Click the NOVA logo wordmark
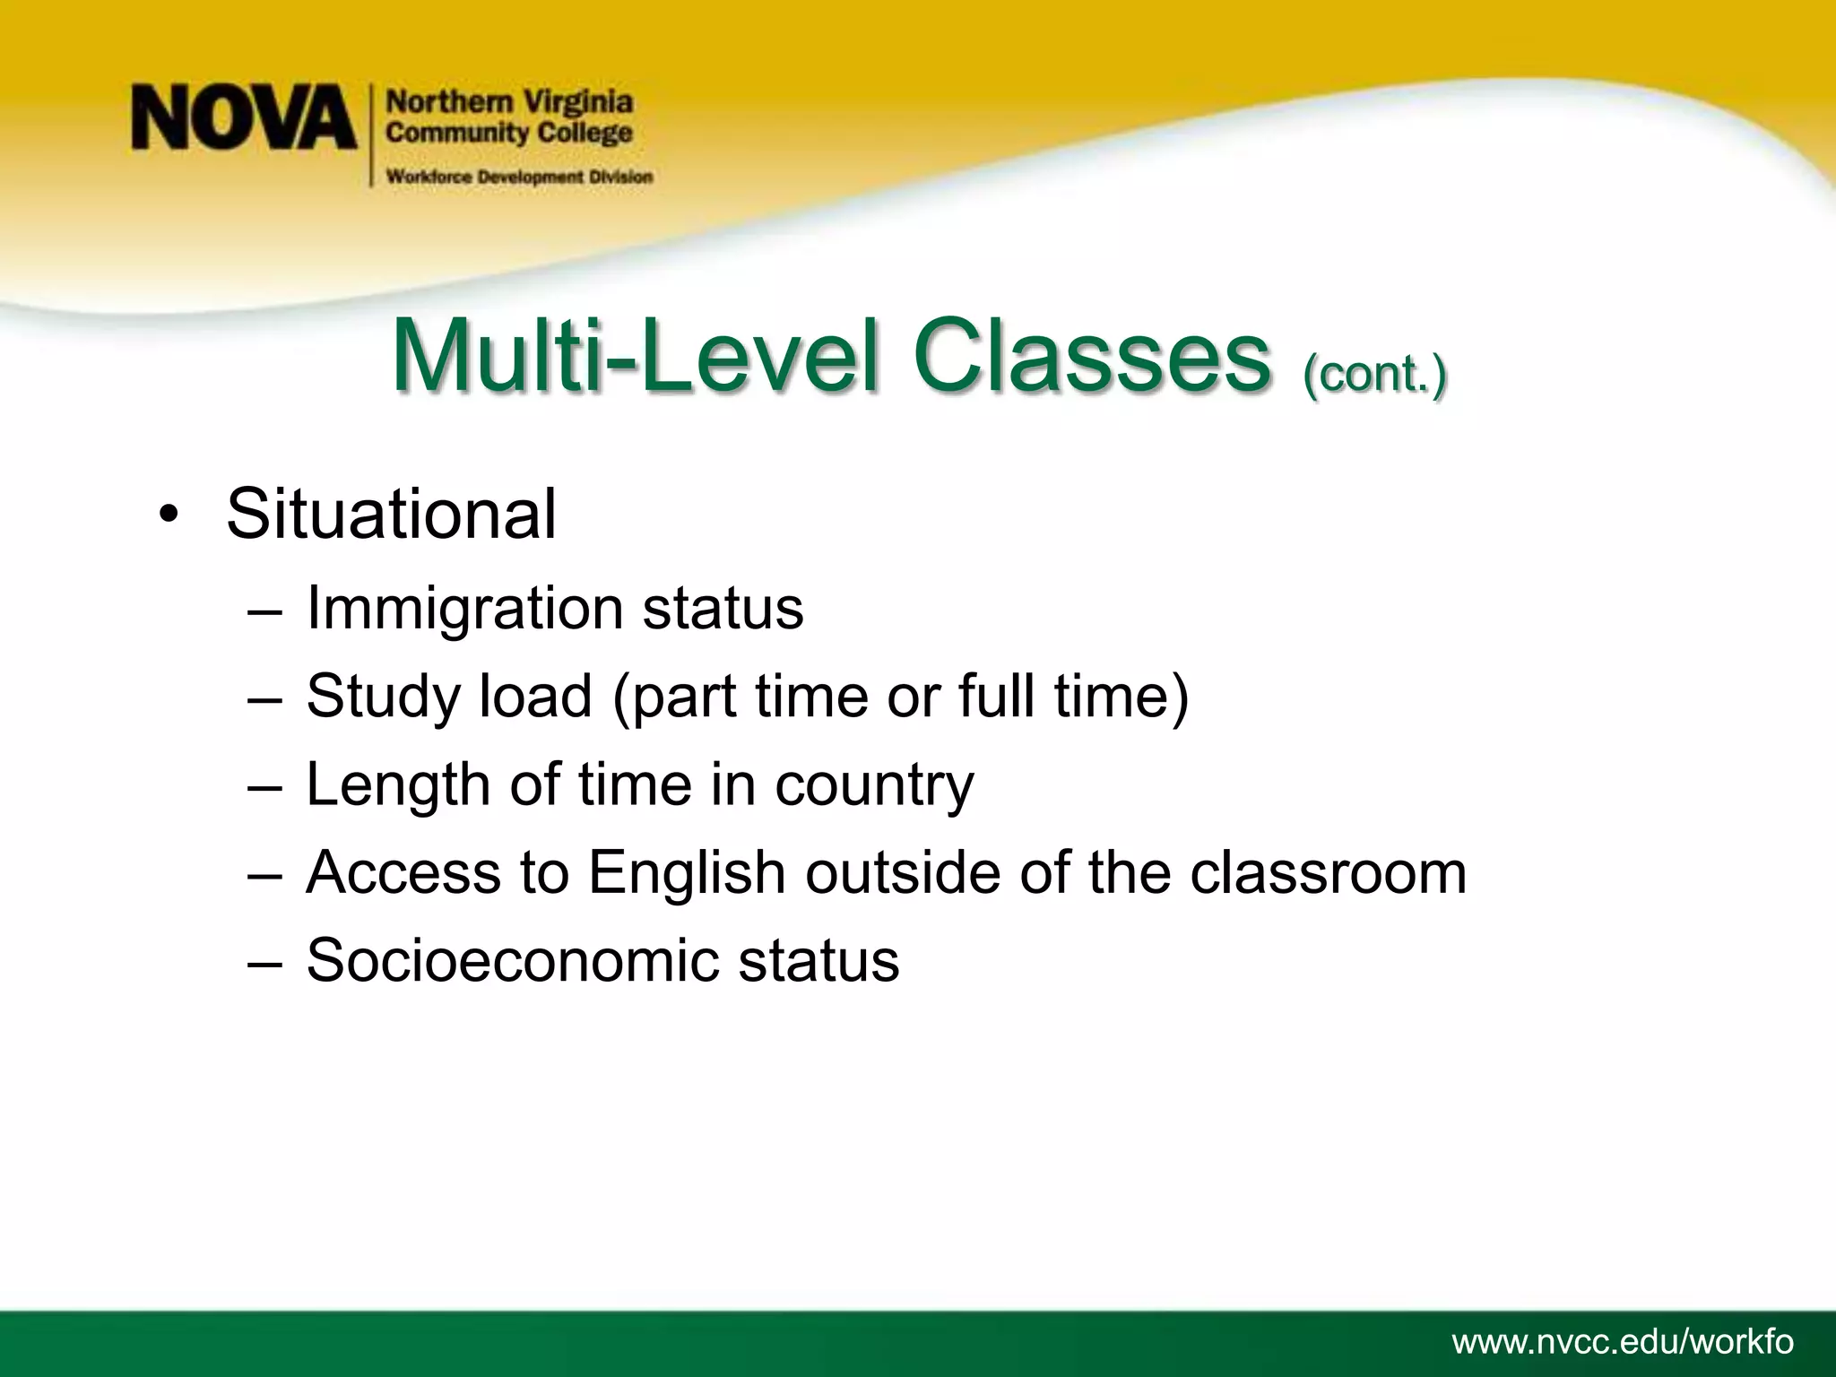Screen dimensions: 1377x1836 pyautogui.click(x=244, y=117)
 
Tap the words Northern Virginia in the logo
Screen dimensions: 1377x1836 pyautogui.click(x=509, y=102)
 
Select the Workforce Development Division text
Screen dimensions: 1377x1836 pyautogui.click(x=519, y=177)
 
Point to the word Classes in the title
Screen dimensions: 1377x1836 pyautogui.click(x=1092, y=358)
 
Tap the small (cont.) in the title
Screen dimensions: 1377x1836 pyautogui.click(x=1374, y=373)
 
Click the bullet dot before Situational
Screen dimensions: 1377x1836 pyautogui.click(x=168, y=516)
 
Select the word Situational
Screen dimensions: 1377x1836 pyautogui.click(x=391, y=514)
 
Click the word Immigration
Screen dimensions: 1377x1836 pyautogui.click(x=464, y=609)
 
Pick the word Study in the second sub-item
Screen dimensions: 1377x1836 pyautogui.click(x=383, y=697)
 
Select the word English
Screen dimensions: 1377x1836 pyautogui.click(x=687, y=872)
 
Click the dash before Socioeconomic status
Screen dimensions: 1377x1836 pyautogui.click(x=264, y=962)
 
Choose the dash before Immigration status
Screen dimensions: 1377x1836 pyautogui.click(x=264, y=611)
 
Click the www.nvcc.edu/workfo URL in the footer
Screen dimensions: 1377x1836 pyautogui.click(x=1623, y=1342)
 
